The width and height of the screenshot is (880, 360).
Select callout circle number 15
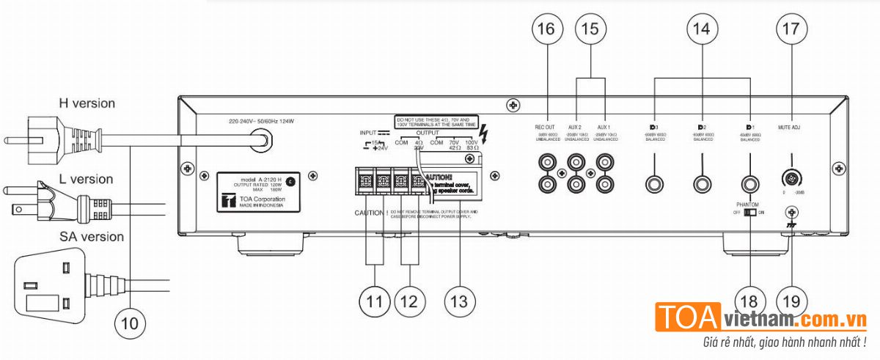point(590,30)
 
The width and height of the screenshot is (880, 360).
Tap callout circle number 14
point(700,30)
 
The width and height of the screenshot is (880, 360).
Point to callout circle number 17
point(791,30)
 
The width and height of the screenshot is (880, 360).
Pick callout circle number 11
point(374,301)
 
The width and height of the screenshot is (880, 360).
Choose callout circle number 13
point(460,301)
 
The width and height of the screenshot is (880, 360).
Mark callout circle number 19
point(793,301)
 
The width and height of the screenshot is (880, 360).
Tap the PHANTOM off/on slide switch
point(749,213)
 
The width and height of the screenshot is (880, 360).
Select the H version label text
point(87,103)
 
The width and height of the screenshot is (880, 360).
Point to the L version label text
point(86,179)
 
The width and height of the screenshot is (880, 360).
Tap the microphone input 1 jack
point(749,182)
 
